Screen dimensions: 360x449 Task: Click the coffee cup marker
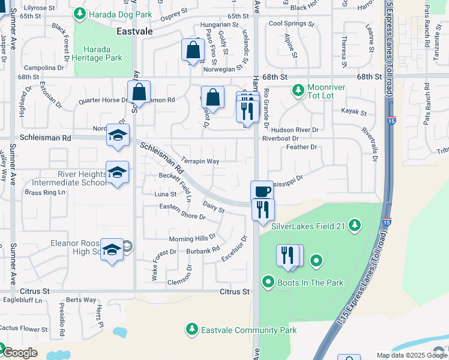coord(261,191)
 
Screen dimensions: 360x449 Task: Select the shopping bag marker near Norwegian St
coord(193,50)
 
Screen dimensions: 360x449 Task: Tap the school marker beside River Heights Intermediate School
coord(117,172)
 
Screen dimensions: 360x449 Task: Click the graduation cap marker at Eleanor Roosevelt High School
coord(112,249)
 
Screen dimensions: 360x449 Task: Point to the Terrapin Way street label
coord(200,161)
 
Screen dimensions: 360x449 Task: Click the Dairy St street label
coord(213,207)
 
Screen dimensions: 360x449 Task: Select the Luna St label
coord(165,194)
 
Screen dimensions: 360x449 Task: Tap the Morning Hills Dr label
coord(191,238)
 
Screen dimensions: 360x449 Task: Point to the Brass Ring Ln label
coord(44,193)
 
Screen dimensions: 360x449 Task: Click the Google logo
coord(20,353)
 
